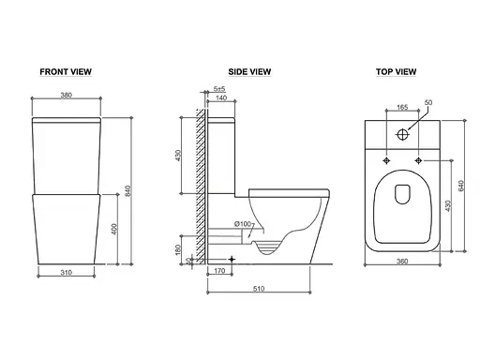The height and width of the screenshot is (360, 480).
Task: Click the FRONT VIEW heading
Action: point(66,72)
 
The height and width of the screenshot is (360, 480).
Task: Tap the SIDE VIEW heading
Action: point(249,72)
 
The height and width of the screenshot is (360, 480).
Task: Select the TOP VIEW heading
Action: point(396,72)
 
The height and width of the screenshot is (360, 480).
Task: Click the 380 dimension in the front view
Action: point(67,95)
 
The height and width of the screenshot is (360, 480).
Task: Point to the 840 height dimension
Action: point(127,191)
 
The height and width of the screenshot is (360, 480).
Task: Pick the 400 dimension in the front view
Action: point(114,229)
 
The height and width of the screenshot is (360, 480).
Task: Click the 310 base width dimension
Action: point(67,273)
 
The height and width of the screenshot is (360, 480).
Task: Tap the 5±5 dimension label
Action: point(219,89)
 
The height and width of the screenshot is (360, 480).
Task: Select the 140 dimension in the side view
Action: point(221,97)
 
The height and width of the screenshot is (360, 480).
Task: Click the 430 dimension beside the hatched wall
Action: point(178,156)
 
